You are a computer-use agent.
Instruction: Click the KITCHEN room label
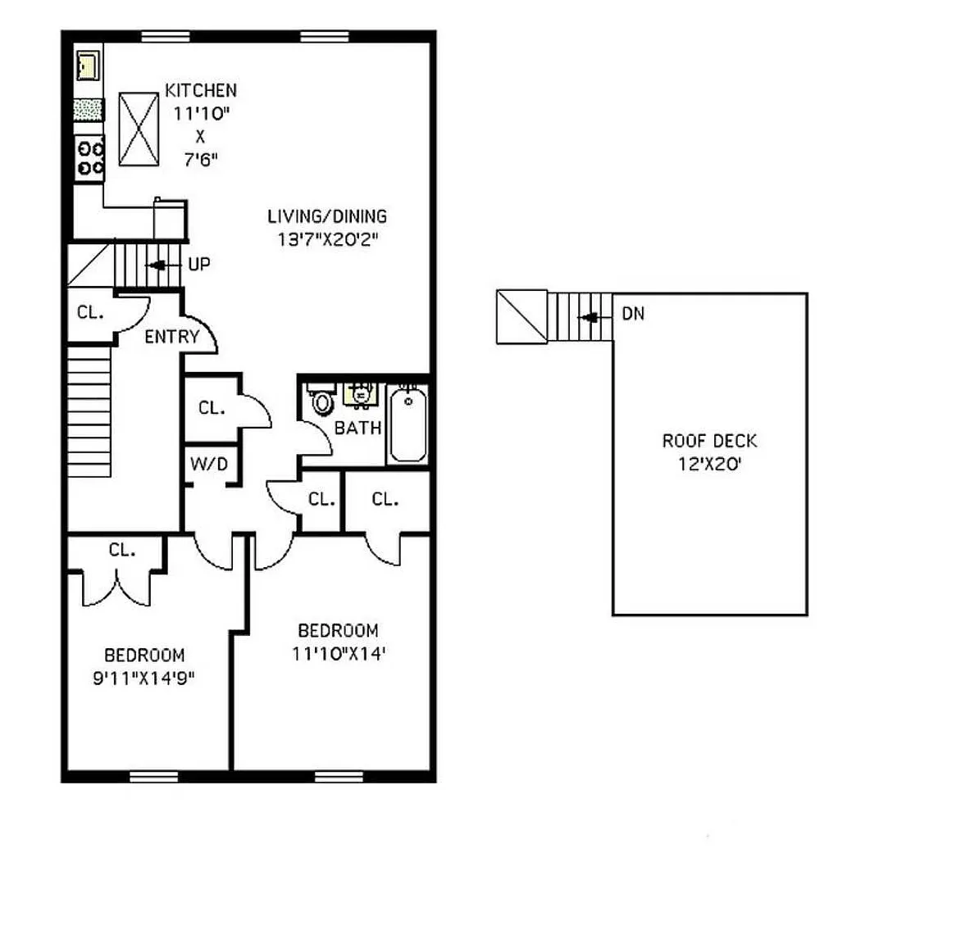pos(200,90)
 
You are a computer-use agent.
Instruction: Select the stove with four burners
pos(89,158)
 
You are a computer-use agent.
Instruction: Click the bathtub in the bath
pos(408,424)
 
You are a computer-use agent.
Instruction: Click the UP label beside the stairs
pos(199,265)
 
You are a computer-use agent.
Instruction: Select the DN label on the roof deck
pos(633,314)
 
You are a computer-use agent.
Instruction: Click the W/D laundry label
pos(209,464)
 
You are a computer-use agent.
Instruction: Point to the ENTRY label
pos(171,337)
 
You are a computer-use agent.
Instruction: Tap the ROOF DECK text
pos(709,441)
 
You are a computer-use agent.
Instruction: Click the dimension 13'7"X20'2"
pos(328,239)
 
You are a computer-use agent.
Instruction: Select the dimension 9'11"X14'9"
pos(143,678)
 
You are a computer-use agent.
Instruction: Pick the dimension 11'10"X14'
pos(339,654)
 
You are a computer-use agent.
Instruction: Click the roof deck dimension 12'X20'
pos(709,464)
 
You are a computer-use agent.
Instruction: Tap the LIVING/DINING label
pos(327,216)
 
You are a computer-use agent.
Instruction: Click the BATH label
pos(357,428)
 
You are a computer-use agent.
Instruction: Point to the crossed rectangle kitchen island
pos(139,129)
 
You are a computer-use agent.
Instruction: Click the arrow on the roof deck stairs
pos(594,318)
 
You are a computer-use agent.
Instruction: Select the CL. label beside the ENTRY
pos(90,312)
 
